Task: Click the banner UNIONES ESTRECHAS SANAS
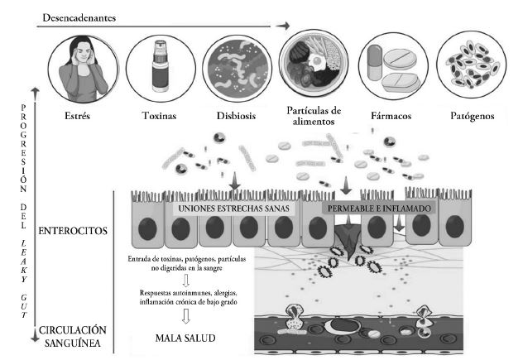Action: click(233, 209)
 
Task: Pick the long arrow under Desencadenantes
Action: click(157, 27)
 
